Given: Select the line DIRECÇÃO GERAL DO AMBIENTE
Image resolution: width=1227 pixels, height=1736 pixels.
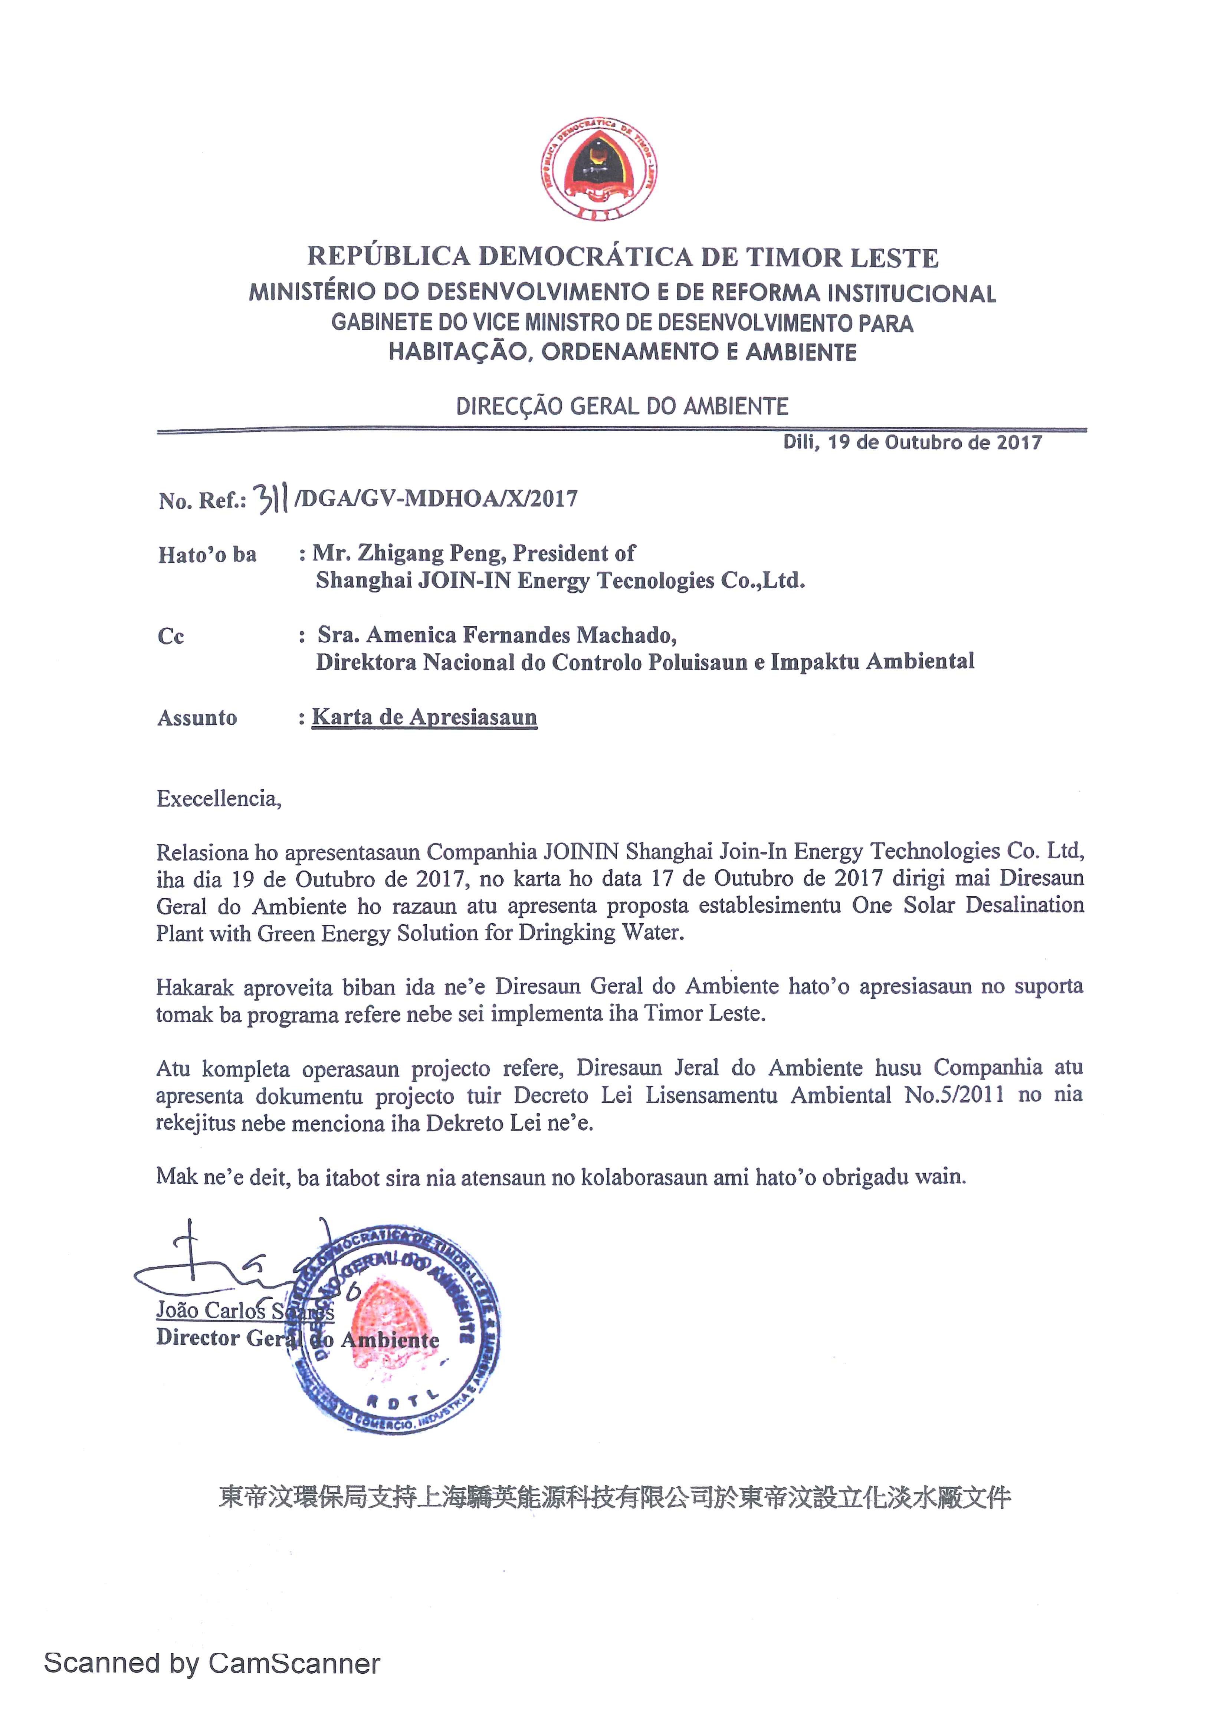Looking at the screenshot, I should point(622,407).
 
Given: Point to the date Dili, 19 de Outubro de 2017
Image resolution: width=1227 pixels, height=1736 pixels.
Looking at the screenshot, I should point(912,442).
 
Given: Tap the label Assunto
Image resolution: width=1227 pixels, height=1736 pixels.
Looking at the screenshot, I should point(197,717).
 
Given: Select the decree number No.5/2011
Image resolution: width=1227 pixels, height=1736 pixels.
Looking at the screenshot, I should point(955,1095).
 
